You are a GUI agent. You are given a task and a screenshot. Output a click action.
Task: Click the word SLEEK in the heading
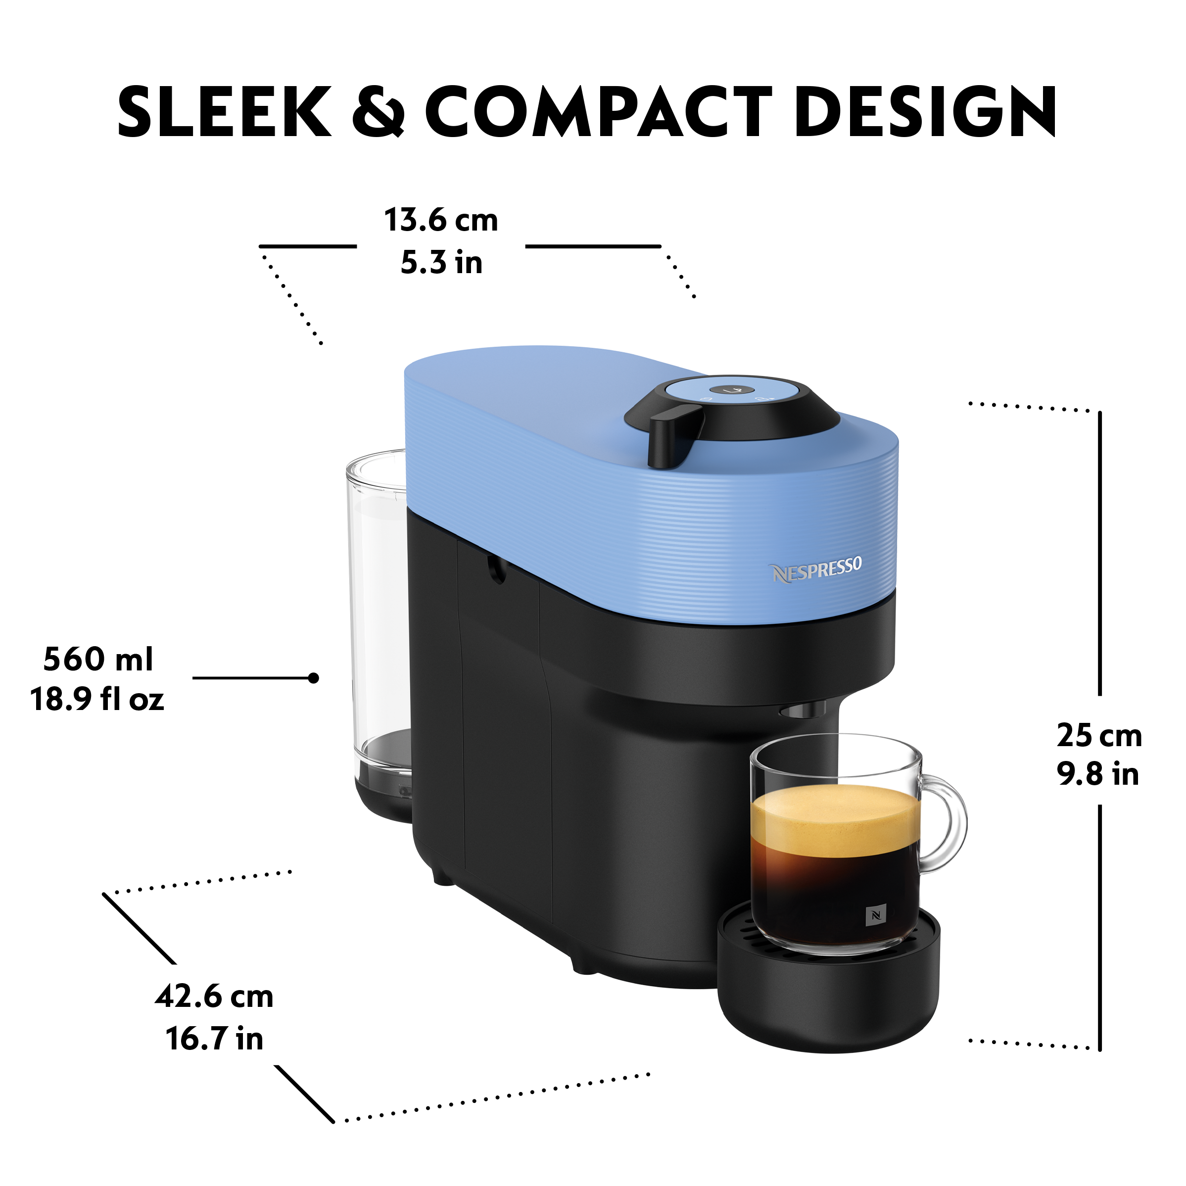[225, 111]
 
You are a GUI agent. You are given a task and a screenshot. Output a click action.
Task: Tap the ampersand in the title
[379, 111]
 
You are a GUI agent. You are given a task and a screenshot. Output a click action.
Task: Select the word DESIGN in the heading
[926, 111]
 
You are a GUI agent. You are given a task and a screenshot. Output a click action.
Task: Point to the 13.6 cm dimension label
[441, 220]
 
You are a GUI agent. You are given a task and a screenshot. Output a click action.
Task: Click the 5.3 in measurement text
[441, 262]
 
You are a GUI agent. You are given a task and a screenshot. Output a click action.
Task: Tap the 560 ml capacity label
[98, 659]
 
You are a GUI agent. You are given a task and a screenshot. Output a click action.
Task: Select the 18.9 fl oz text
[97, 699]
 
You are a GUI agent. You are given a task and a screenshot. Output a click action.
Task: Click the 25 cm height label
[1099, 735]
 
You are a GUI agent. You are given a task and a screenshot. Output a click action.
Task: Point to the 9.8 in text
[1097, 774]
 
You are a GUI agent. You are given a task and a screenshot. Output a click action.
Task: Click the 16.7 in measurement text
[214, 1039]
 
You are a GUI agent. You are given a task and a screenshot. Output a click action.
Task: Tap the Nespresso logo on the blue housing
[816, 569]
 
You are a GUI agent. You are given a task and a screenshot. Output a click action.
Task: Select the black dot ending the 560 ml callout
[314, 678]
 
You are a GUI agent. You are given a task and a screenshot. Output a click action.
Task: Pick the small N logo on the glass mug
[875, 916]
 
